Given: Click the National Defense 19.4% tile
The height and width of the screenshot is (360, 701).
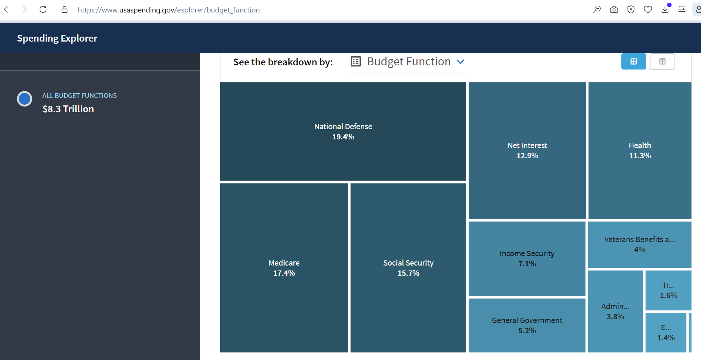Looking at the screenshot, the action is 343,131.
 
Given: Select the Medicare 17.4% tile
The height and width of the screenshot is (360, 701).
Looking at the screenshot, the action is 284,268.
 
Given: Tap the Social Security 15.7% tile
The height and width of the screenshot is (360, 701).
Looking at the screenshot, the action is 408,268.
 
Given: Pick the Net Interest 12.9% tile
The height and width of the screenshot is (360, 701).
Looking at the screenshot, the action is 527,150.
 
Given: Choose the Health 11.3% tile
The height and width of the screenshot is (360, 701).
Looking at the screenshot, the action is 640,150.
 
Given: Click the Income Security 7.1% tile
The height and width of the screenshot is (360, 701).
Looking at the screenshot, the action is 527,258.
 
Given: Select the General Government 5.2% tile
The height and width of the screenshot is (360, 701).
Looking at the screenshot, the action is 527,325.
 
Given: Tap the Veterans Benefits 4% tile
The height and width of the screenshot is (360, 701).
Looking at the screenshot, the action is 640,244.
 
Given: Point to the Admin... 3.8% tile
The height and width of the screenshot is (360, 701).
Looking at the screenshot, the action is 615,311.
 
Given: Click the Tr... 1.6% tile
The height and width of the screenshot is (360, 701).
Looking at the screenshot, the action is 669,290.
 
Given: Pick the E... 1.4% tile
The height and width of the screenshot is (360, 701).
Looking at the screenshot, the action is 666,332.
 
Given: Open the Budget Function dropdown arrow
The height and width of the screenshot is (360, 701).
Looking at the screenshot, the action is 460,62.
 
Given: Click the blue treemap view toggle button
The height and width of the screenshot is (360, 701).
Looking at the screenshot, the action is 633,61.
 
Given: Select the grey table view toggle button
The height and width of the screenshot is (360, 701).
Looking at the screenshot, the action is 662,61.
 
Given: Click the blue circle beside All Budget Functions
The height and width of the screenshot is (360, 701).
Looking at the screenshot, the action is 25,99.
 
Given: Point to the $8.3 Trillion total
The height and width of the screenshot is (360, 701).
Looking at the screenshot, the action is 68,109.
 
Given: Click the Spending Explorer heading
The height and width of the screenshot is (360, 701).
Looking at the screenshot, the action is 57,38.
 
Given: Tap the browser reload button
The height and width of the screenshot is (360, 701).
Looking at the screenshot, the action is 43,9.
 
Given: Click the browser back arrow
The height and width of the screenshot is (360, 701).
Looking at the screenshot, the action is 6,9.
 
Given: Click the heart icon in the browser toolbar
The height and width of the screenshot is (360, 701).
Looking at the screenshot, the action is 648,9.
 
